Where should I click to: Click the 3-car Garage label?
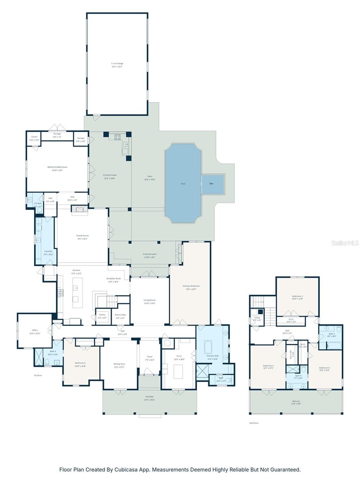(117, 64)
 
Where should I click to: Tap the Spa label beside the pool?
(211, 183)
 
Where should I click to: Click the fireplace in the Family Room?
(79, 209)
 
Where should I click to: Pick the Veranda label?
(150, 399)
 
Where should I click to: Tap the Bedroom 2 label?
(80, 363)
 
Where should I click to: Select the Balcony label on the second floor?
(296, 401)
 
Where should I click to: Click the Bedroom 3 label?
(298, 296)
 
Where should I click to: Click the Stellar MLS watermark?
(345, 243)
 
